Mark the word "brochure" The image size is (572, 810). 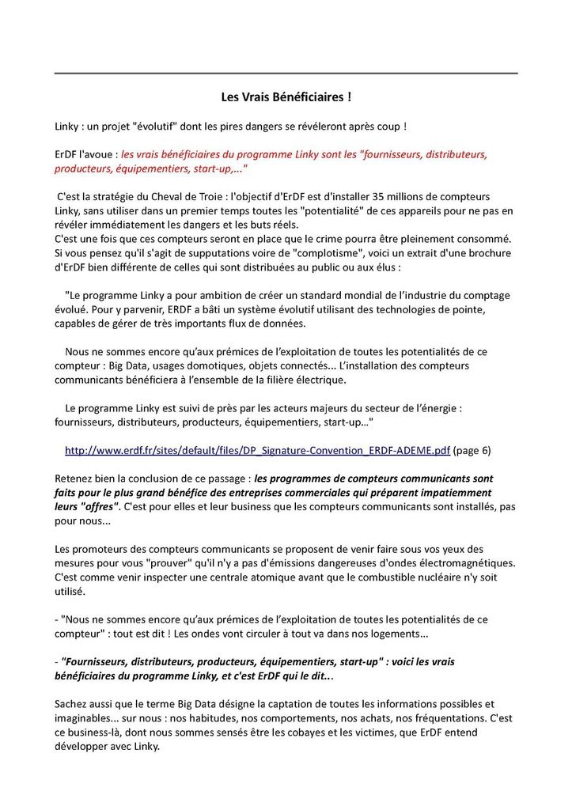click(x=490, y=253)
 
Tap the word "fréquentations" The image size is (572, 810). click(x=444, y=717)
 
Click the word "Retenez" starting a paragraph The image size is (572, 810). click(x=74, y=479)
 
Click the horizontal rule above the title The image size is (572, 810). click(x=286, y=74)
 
